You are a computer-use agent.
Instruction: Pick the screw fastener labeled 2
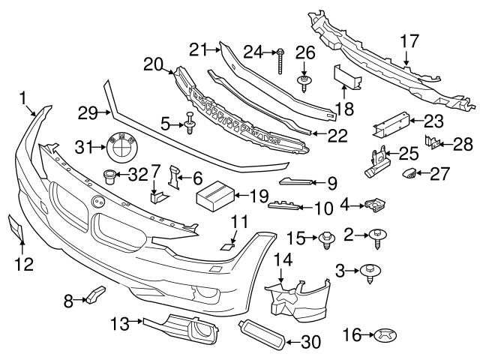point(375,237)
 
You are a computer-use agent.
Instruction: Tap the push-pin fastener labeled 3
point(370,271)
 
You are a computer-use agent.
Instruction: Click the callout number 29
point(88,113)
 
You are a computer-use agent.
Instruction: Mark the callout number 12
point(23,264)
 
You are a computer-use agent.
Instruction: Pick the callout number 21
point(196,49)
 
